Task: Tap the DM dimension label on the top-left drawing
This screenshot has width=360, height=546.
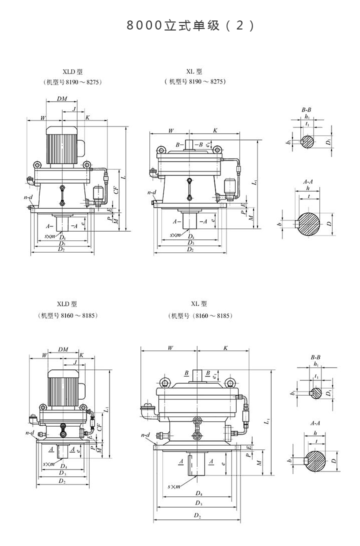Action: (x=62, y=99)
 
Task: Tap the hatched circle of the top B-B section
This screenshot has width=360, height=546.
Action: (x=308, y=142)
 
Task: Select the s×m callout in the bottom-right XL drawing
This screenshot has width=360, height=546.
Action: (x=174, y=486)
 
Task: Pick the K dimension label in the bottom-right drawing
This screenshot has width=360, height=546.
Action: (x=225, y=347)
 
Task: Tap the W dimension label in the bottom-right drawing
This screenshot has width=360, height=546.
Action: (x=170, y=347)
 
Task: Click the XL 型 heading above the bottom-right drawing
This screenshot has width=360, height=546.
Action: (x=198, y=303)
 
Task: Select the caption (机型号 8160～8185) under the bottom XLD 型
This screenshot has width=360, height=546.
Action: (x=67, y=315)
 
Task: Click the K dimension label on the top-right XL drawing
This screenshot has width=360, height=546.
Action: (x=215, y=130)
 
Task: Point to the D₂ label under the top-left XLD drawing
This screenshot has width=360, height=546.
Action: (x=61, y=248)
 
